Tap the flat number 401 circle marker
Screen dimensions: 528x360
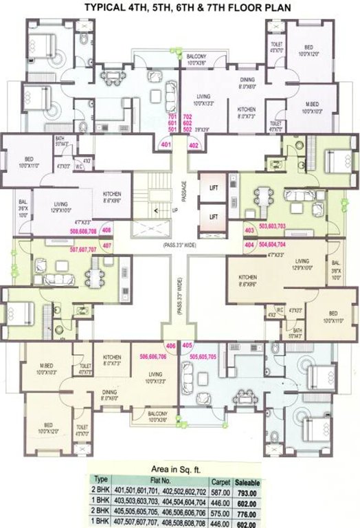[x=166, y=146]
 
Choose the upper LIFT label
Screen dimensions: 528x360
[x=214, y=186]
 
